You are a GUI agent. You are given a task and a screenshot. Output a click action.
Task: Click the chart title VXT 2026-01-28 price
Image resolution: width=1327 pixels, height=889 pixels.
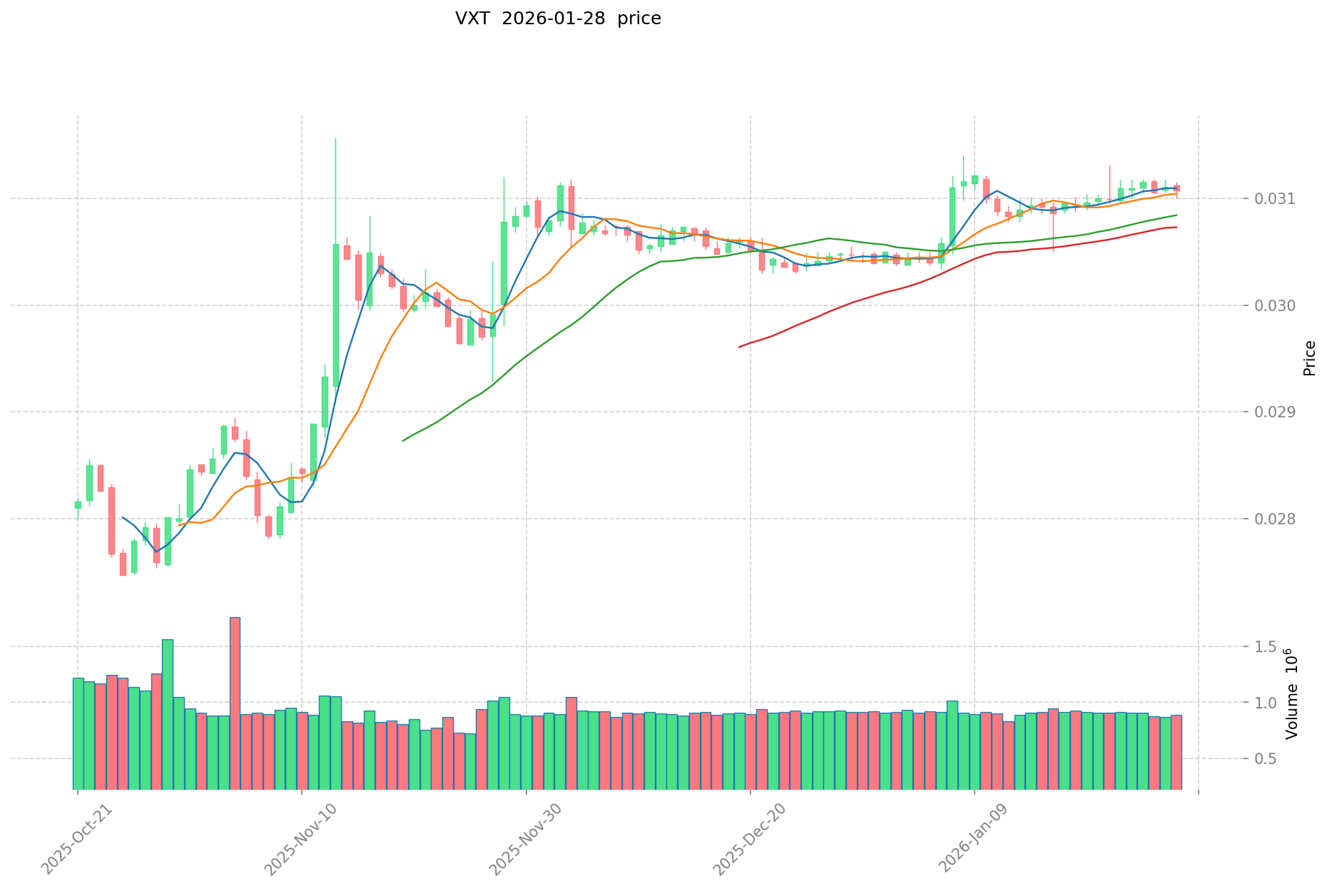(x=558, y=19)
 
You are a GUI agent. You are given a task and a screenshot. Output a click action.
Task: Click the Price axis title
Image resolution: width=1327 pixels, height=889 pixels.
(x=1309, y=358)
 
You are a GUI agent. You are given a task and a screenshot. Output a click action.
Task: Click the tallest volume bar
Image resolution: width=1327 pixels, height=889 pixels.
(x=235, y=703)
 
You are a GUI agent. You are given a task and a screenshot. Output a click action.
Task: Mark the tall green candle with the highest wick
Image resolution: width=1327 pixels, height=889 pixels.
(x=335, y=314)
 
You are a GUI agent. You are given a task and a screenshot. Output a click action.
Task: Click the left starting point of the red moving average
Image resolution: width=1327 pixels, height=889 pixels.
(x=739, y=347)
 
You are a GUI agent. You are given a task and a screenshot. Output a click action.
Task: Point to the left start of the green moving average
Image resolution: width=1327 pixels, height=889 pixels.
(x=403, y=440)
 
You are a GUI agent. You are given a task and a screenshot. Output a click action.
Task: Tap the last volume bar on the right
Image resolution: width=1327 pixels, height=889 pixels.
(x=1176, y=752)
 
